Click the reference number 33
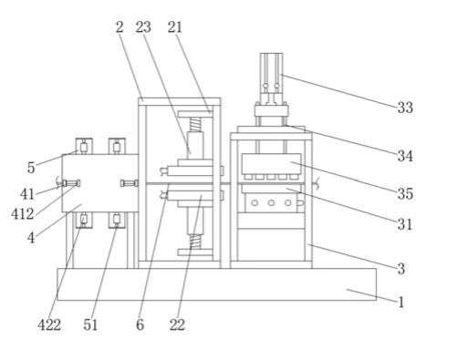[x=405, y=108]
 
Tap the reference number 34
[x=405, y=156]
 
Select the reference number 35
[x=405, y=193]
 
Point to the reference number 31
[x=405, y=224]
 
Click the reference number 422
[x=49, y=324]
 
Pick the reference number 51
[x=90, y=324]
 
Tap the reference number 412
[x=23, y=214]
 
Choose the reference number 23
[x=143, y=27]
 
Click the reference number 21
[x=175, y=27]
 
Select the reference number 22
[x=177, y=324]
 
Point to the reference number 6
[x=140, y=324]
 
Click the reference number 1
[x=401, y=303]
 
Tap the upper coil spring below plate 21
[x=195, y=125]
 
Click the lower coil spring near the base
[x=195, y=242]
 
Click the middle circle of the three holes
[x=271, y=203]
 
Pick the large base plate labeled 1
[x=217, y=284]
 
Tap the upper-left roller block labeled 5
[x=84, y=146]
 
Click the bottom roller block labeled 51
[x=117, y=220]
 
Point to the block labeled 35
[x=272, y=164]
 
